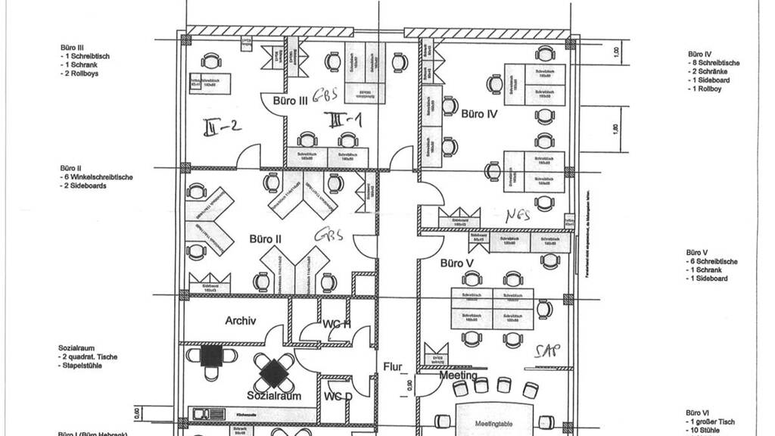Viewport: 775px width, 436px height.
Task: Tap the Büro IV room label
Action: click(x=478, y=114)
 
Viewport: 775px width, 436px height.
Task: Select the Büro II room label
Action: click(x=266, y=239)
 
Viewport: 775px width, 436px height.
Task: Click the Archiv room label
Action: click(x=241, y=321)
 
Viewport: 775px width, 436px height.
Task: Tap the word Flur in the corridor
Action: click(x=393, y=367)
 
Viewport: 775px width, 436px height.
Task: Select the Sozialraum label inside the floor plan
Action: click(x=274, y=396)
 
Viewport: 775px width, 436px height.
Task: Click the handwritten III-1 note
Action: click(x=344, y=120)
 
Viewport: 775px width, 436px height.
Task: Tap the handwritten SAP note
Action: click(x=546, y=350)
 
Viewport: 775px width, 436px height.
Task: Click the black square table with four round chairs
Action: click(x=274, y=370)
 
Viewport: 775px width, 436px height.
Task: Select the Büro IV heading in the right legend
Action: click(x=699, y=54)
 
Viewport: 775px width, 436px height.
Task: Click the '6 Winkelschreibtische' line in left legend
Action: click(x=98, y=177)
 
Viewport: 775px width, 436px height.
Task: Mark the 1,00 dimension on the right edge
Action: click(x=616, y=52)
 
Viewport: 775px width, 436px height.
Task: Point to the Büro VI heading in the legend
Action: click(x=696, y=413)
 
